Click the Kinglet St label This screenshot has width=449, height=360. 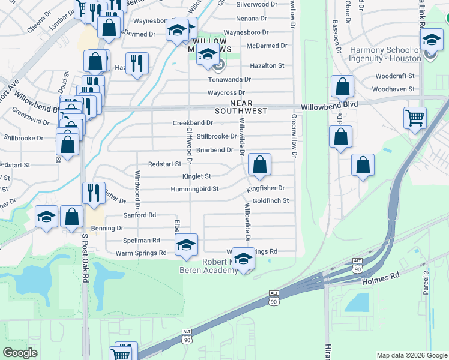196,176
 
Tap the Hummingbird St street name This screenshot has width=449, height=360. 195,188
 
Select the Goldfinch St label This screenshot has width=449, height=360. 271,200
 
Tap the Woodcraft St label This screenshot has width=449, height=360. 394,76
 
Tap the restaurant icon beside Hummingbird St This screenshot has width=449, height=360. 94,192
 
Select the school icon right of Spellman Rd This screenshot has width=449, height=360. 186,244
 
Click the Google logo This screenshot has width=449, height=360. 20,353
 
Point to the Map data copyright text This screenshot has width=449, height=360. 411,355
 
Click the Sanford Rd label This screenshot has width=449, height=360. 139,215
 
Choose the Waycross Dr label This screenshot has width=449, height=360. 226,93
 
